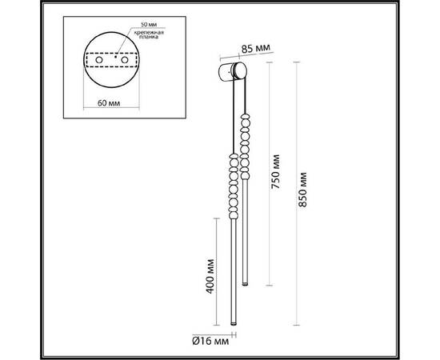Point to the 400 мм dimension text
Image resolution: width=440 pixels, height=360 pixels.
[210, 275]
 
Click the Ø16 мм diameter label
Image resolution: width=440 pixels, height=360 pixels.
[210, 340]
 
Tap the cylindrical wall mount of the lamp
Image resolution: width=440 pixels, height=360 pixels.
[232, 74]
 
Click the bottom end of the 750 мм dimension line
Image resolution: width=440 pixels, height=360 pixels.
[268, 283]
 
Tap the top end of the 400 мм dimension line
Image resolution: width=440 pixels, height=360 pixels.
[216, 218]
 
